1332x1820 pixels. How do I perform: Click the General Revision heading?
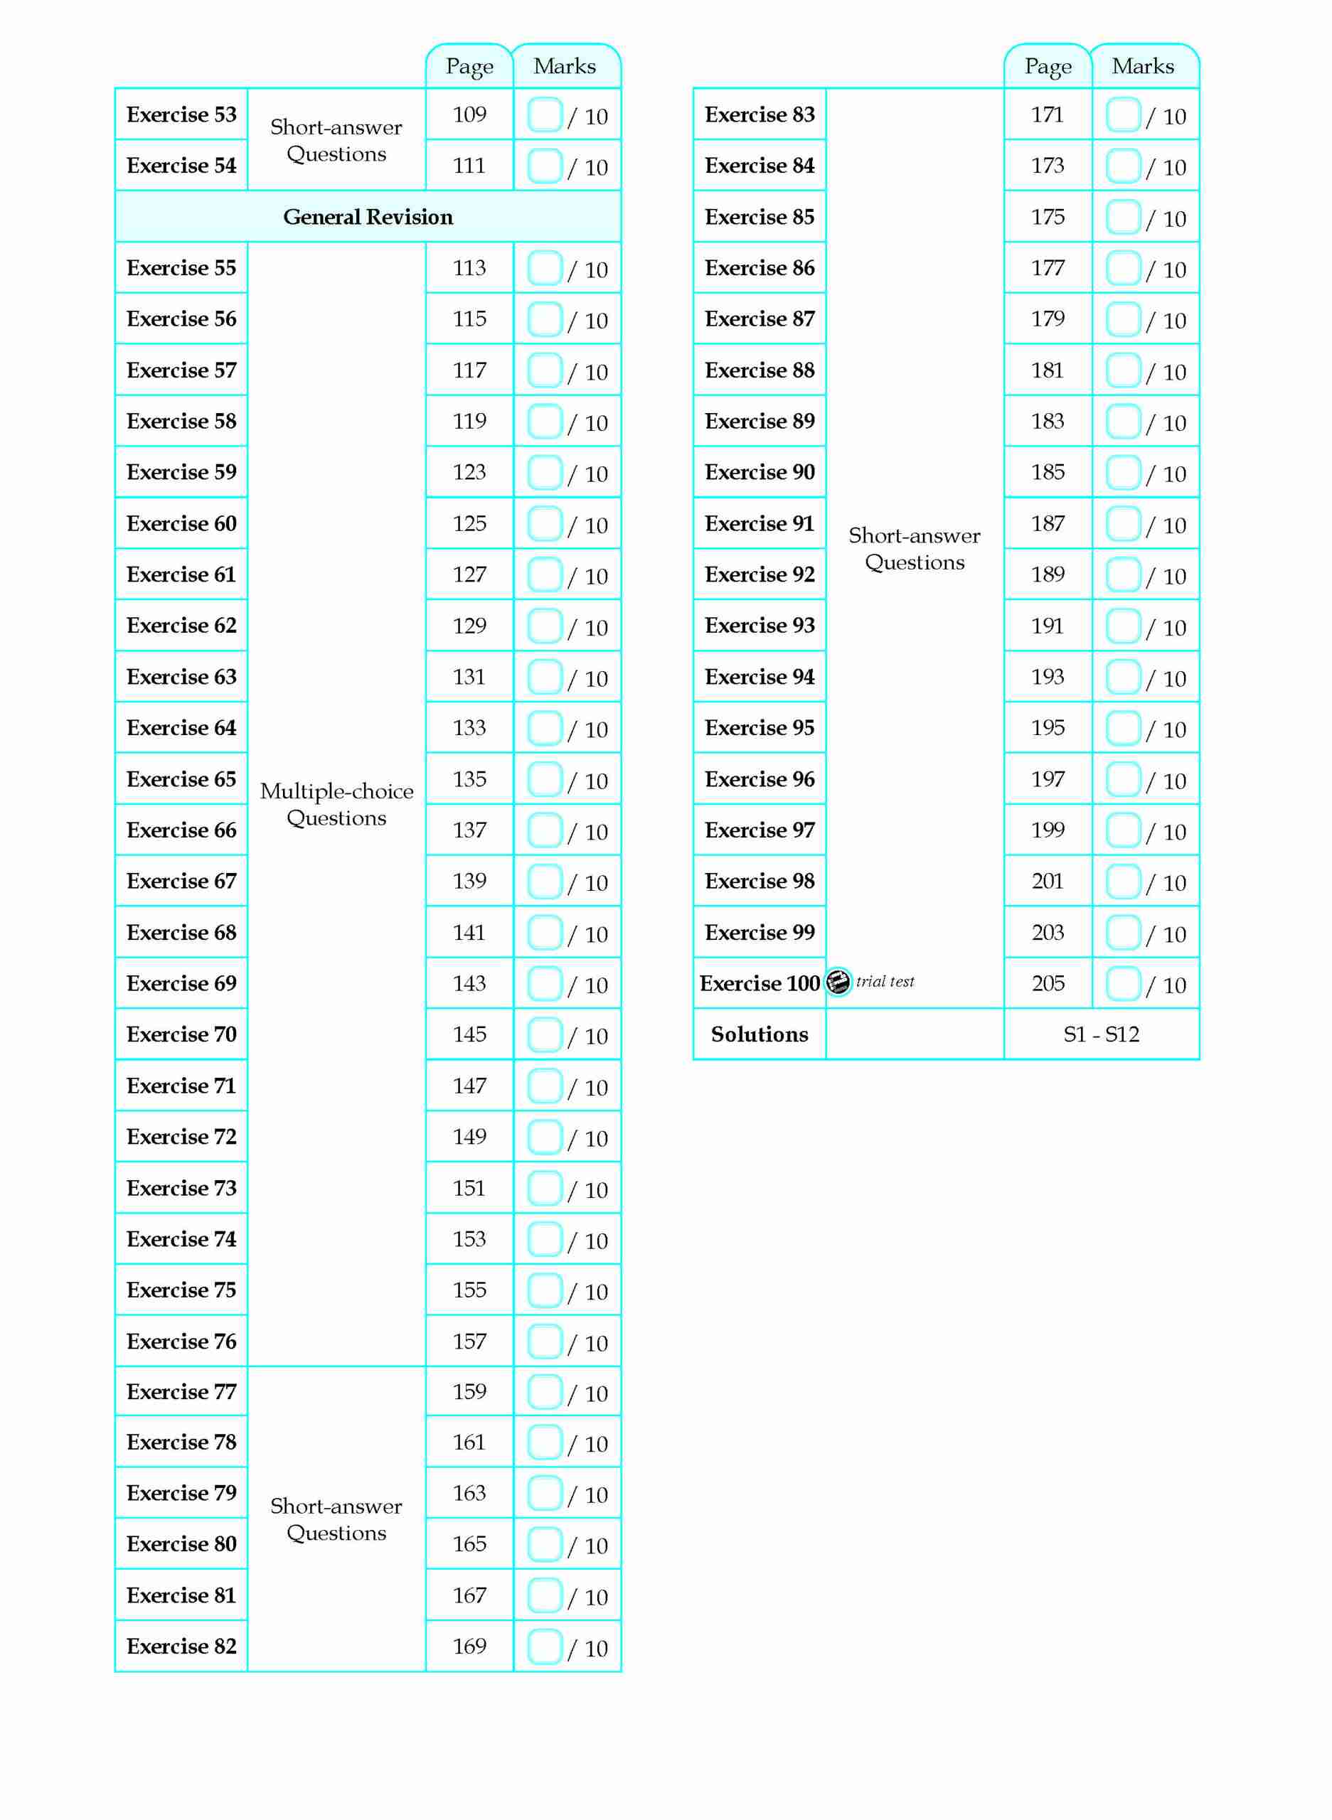[368, 217]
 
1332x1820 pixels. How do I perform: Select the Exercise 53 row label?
[181, 114]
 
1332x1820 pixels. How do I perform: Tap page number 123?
[469, 471]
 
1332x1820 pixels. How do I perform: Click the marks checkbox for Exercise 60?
[544, 524]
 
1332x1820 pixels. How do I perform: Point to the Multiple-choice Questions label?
[336, 804]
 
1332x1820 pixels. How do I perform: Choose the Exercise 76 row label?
[181, 1342]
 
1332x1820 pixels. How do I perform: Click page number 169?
[469, 1646]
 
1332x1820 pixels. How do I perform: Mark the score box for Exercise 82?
[544, 1647]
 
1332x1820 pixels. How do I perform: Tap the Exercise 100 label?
[759, 983]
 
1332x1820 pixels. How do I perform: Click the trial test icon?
[838, 982]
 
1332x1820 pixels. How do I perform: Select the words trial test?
[885, 982]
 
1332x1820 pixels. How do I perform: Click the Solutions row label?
[759, 1034]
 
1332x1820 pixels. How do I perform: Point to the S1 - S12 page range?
[1102, 1034]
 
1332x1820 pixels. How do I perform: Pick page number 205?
[1048, 983]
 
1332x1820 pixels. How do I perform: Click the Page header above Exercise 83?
[1048, 66]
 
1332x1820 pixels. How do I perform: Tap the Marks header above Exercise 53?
[565, 66]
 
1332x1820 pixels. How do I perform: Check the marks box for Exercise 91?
[1122, 524]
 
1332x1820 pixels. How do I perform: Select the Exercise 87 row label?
[759, 319]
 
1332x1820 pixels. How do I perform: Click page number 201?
[1048, 881]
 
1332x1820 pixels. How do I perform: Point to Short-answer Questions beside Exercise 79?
[336, 1519]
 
